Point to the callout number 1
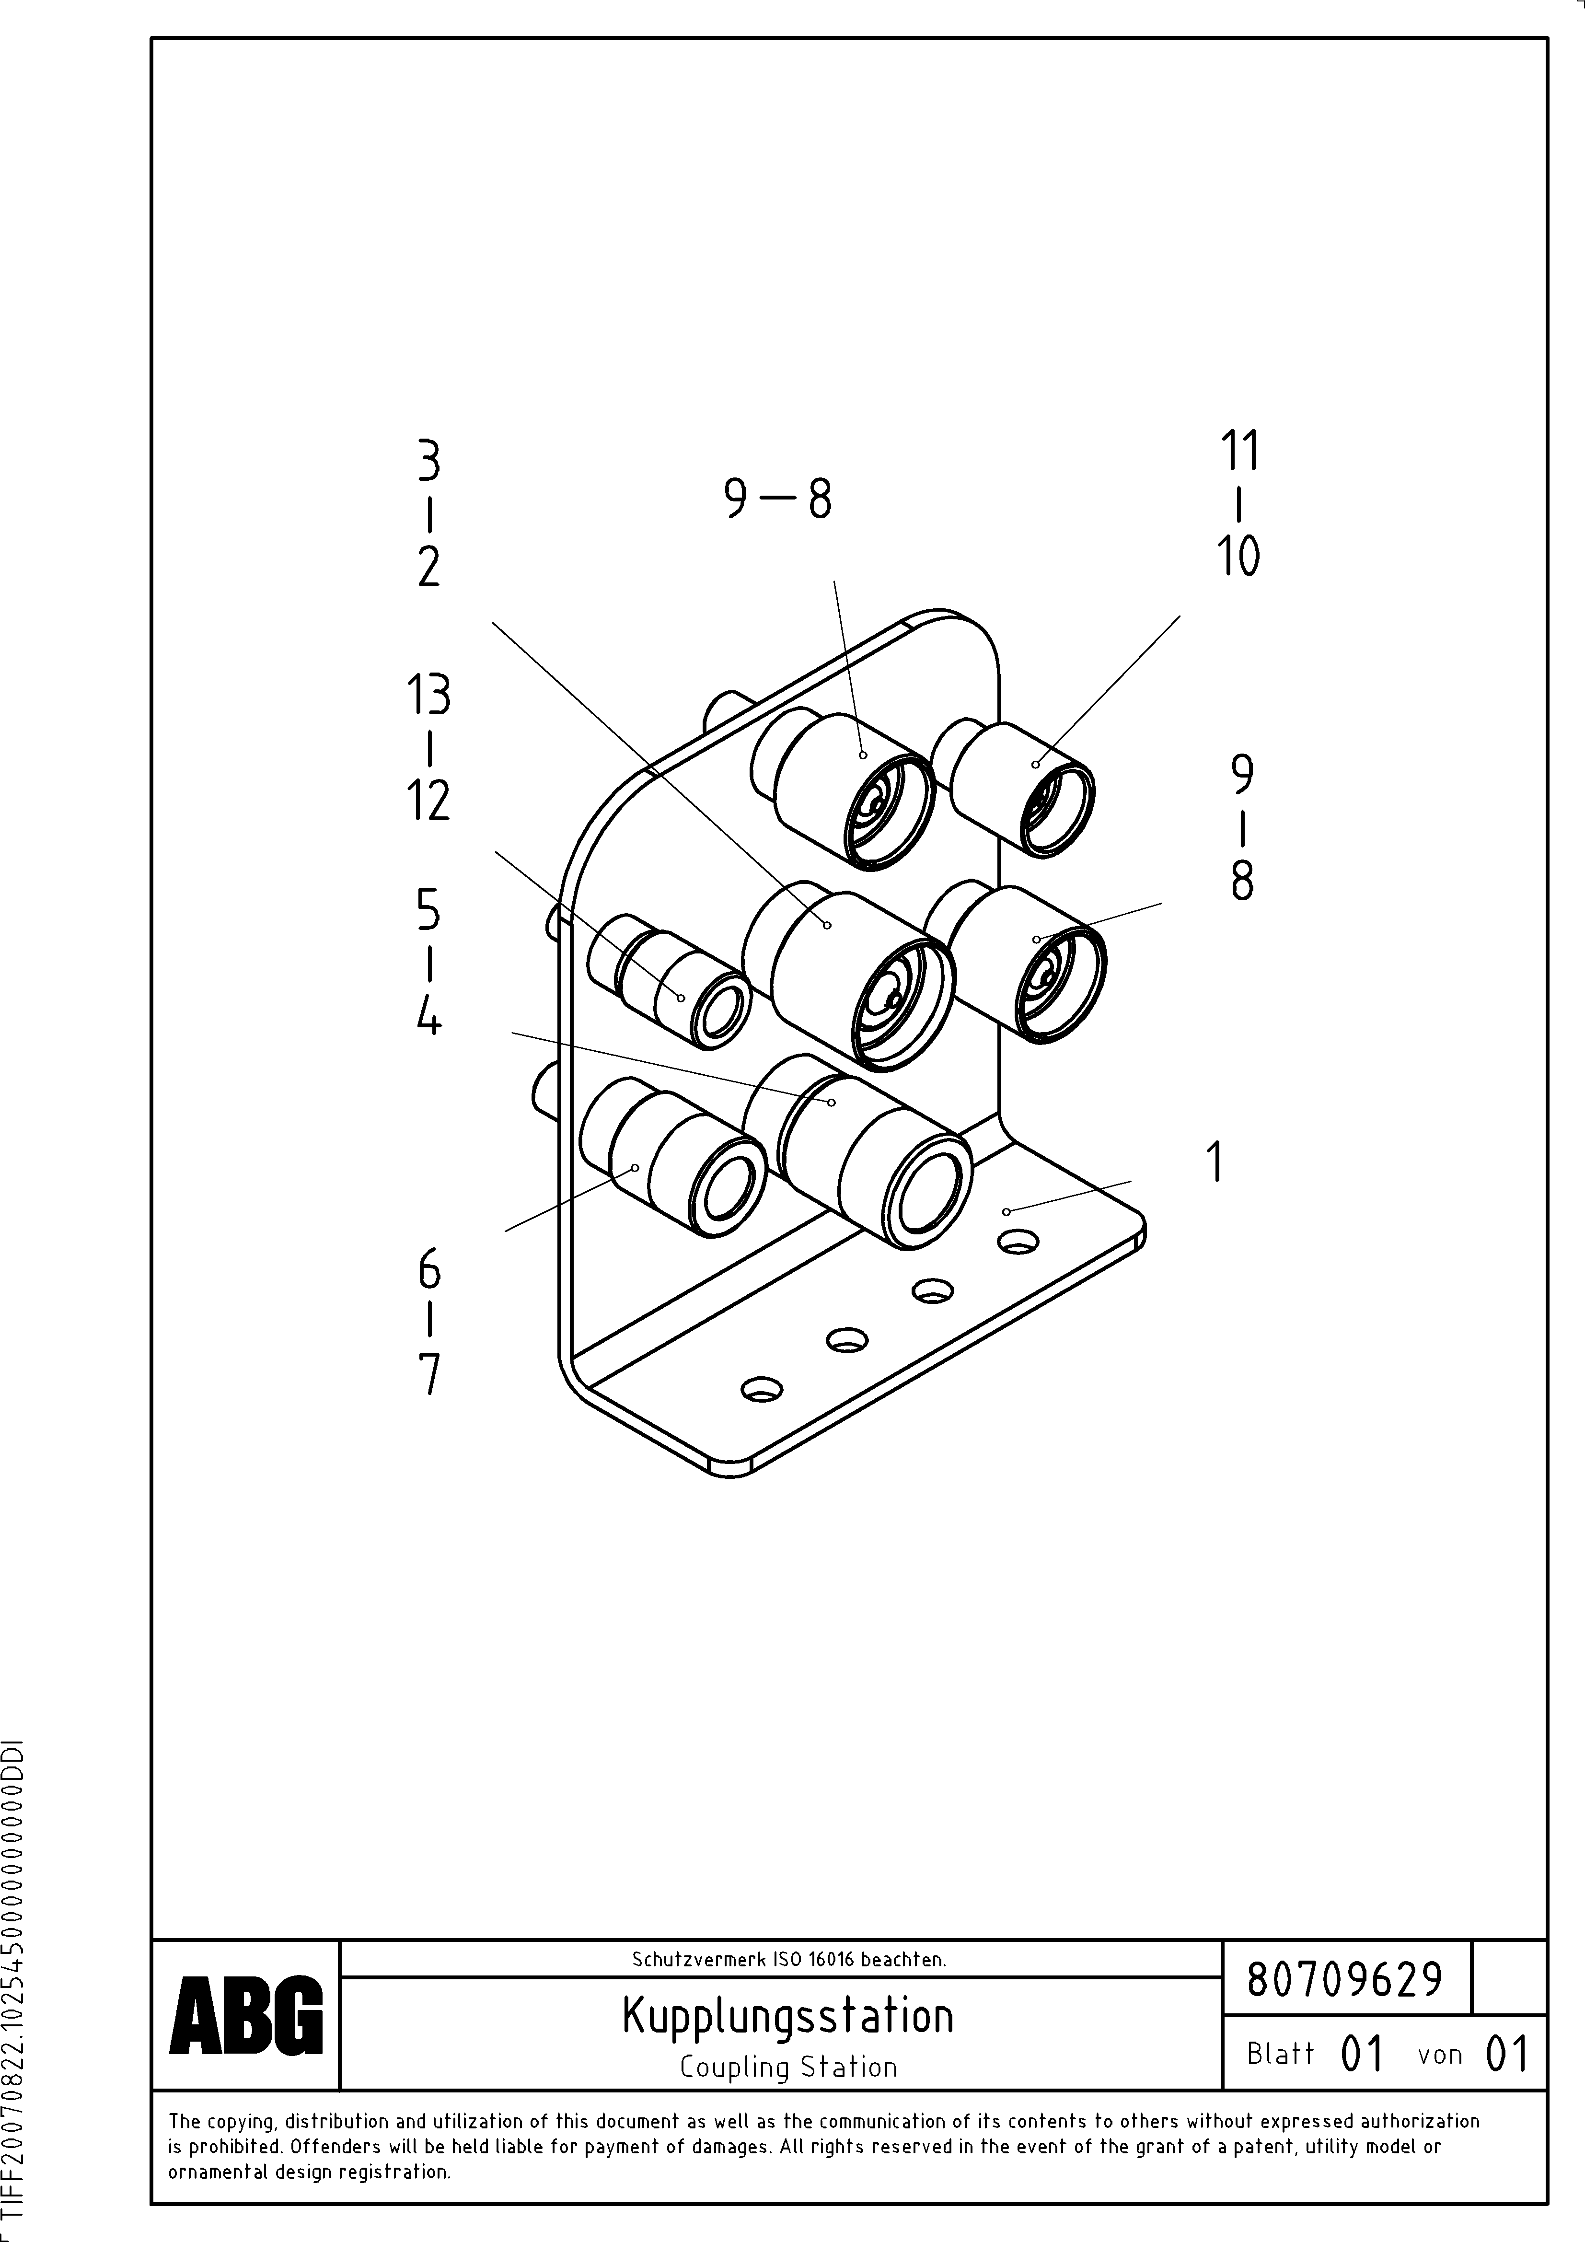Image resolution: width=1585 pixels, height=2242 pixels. (x=1215, y=1162)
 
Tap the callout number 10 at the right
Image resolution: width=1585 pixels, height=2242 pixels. (x=1238, y=557)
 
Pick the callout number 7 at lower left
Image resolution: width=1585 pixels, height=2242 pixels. (x=428, y=1375)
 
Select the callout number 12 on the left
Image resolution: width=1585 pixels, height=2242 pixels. (x=428, y=801)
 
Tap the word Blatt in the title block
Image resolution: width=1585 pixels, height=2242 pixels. (x=1280, y=2054)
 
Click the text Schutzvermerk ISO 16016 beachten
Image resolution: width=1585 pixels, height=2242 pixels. (x=788, y=1959)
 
